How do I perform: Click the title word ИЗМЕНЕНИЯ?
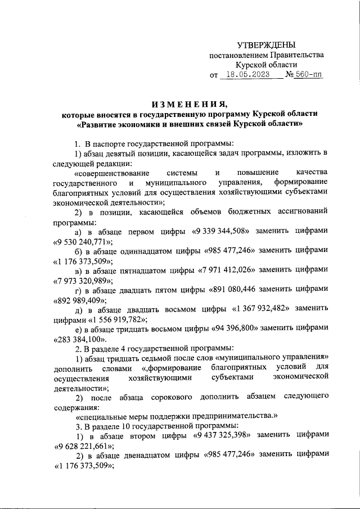[x=189, y=104]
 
